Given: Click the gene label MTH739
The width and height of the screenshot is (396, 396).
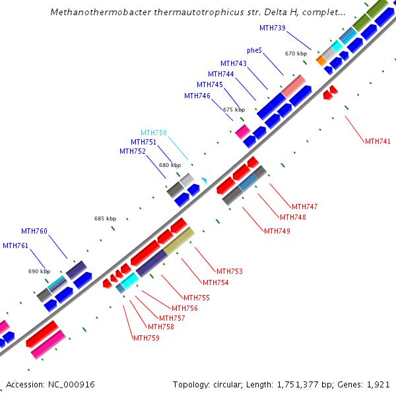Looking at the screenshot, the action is point(273,28).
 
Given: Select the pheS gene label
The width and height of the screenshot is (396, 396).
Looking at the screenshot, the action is point(254,50).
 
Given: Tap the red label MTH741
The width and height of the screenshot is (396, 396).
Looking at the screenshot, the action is point(378,141).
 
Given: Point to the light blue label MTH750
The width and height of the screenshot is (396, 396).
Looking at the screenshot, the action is point(154,133).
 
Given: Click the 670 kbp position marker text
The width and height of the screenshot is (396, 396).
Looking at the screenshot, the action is point(296,53).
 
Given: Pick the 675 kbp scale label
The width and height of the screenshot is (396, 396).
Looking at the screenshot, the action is point(234,110).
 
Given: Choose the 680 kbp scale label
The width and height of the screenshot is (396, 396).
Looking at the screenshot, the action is point(170,165).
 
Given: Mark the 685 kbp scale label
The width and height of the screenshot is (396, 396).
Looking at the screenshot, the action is point(105,218).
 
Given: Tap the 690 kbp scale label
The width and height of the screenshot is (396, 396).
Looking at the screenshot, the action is point(39,271).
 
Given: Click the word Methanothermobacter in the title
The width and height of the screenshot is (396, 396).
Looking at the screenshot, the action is point(96,12).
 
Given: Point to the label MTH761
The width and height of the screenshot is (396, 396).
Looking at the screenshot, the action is point(16,246).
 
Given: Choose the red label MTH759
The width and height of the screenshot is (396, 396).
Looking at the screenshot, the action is point(147,338).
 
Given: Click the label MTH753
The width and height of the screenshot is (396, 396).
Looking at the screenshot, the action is point(230,271).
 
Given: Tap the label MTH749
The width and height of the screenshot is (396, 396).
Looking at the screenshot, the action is point(277,231).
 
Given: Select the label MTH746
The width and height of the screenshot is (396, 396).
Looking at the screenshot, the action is point(197,96).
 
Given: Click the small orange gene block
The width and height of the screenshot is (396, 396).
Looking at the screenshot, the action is point(321,61).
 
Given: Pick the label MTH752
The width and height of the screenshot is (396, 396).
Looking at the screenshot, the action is point(133,151).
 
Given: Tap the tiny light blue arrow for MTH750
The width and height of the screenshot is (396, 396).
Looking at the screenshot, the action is point(205,180).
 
